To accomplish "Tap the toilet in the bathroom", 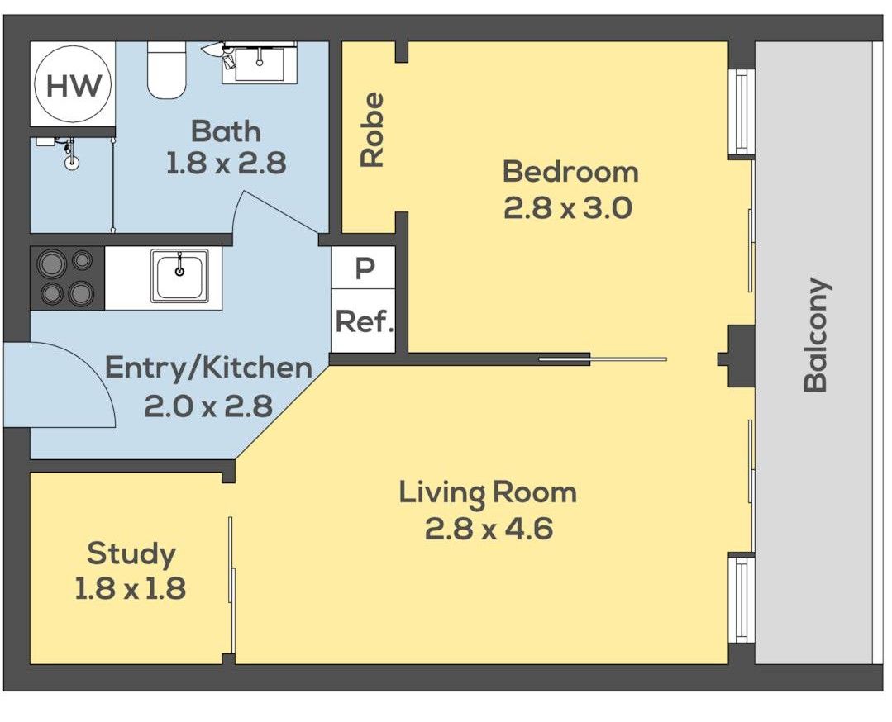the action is (x=167, y=69).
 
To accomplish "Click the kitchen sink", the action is (x=179, y=275).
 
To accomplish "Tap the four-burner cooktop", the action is (x=67, y=278).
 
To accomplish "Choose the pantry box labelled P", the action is (x=364, y=268).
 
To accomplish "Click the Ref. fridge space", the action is (x=364, y=321).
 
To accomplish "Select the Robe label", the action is (x=373, y=130).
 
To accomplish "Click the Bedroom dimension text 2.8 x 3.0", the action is (x=568, y=208).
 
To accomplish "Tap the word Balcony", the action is (x=816, y=335).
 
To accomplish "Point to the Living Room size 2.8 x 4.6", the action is (x=489, y=529).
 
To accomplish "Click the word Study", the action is (x=131, y=554).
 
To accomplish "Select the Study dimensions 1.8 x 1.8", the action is (x=131, y=588).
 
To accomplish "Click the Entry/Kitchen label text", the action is (x=209, y=368).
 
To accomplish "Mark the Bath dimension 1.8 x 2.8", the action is (x=226, y=164).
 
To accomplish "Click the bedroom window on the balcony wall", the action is (x=742, y=112).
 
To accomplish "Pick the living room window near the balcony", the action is (x=742, y=600).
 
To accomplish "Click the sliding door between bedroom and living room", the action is (x=603, y=359).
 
